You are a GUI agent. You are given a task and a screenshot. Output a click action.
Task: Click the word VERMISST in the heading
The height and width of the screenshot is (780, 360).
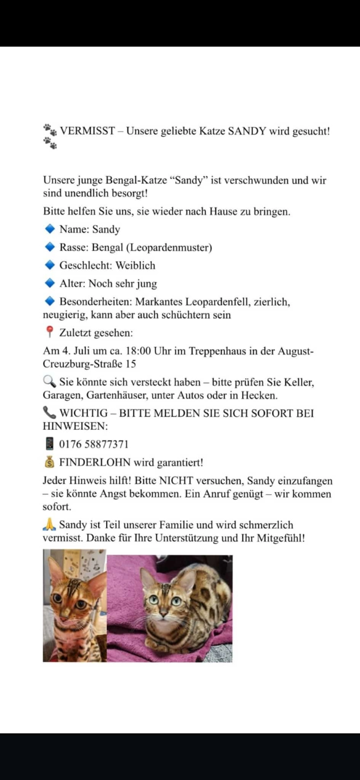87,131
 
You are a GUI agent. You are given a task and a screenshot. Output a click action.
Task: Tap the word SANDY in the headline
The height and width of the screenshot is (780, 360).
247,131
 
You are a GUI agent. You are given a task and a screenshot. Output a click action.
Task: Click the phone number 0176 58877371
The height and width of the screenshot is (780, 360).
94,444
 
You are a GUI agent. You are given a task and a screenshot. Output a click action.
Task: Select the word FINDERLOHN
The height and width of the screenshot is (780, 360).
95,462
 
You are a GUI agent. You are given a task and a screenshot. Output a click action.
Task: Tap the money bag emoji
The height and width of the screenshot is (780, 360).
49,462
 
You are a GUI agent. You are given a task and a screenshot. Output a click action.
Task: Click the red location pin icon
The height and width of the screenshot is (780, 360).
49,332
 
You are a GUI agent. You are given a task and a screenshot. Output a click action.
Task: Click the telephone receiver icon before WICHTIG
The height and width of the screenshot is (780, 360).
49,413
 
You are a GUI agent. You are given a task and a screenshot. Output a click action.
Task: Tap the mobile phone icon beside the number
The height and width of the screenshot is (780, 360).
49,444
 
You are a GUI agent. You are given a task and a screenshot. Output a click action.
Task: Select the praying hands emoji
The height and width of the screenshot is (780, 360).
49,524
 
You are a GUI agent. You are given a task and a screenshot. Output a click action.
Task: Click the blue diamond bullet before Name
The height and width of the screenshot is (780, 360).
50,229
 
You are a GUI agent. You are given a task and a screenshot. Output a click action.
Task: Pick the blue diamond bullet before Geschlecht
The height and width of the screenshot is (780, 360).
50,265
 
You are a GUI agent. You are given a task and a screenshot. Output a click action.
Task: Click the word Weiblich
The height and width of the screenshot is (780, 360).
135,265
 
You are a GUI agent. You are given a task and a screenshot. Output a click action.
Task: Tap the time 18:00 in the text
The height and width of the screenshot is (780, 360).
138,351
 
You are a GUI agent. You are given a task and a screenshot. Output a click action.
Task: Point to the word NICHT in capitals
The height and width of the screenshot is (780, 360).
176,480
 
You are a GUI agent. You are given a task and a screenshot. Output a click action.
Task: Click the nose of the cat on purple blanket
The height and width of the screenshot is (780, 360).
163,613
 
